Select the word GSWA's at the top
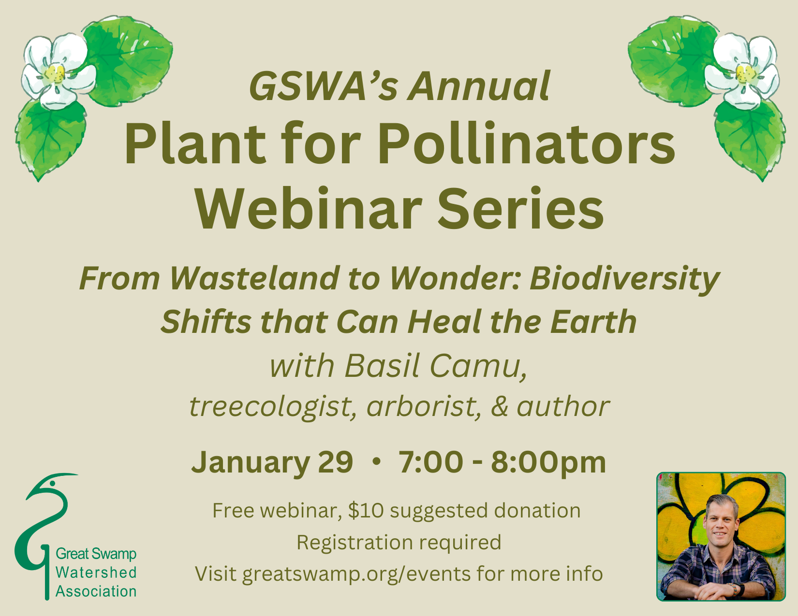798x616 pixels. pyautogui.click(x=324, y=86)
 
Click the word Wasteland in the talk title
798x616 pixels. pyautogui.click(x=254, y=278)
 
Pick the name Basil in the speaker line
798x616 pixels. pyautogui.click(x=382, y=366)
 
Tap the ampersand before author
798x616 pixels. pyautogui.click(x=500, y=406)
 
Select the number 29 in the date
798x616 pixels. pyautogui.click(x=335, y=462)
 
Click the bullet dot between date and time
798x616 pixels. pyautogui.click(x=376, y=463)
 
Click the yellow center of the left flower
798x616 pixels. pyautogui.click(x=55, y=73)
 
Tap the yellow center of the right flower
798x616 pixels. pyautogui.click(x=745, y=73)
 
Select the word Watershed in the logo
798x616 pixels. pyautogui.click(x=96, y=573)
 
